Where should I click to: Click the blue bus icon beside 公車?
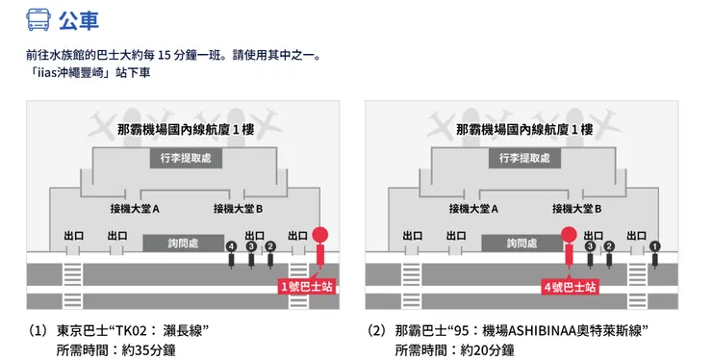(x=39, y=18)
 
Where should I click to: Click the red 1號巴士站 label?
(x=307, y=286)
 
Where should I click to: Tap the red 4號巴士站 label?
(x=570, y=286)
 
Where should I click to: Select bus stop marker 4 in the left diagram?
(x=231, y=248)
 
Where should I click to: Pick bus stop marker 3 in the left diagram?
(x=251, y=248)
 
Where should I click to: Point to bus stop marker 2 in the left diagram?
(x=270, y=248)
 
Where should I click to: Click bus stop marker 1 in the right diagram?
(x=655, y=248)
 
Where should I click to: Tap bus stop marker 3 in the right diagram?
(x=590, y=248)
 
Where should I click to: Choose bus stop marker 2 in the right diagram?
(x=609, y=248)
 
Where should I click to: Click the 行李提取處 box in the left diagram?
(x=186, y=158)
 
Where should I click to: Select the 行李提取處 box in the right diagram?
(x=524, y=158)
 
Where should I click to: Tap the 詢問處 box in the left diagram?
(x=183, y=244)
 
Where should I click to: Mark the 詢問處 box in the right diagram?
(x=521, y=244)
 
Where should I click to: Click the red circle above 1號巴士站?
(x=320, y=233)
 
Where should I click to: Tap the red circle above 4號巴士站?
(x=569, y=233)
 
